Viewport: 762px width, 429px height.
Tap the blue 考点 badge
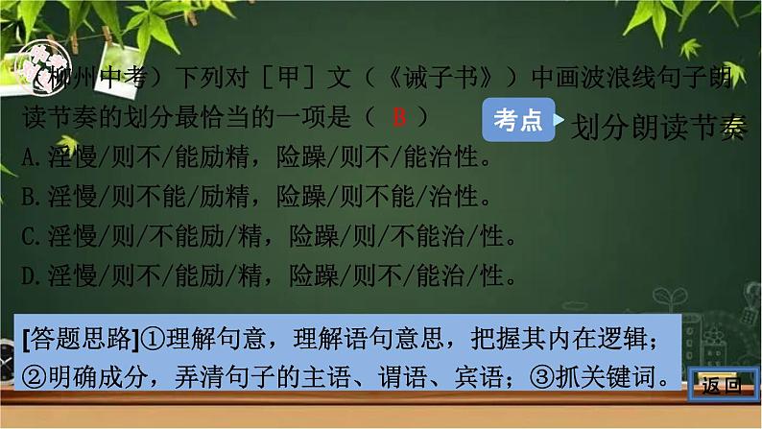click(x=517, y=120)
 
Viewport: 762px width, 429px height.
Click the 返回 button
click(x=721, y=388)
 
